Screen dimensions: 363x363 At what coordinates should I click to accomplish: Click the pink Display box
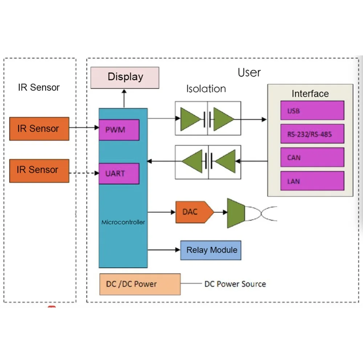(x=125, y=77)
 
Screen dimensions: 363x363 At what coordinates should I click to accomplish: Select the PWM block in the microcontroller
(x=119, y=130)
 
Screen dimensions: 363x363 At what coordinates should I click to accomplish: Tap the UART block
(x=119, y=174)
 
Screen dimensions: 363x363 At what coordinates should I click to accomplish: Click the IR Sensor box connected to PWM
(x=39, y=129)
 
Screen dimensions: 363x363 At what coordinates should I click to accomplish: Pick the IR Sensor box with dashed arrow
(x=39, y=170)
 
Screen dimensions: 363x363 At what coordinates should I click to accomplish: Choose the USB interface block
(x=312, y=111)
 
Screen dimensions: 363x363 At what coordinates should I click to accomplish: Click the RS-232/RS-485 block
(x=312, y=134)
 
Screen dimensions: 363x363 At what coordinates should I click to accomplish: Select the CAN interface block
(x=312, y=158)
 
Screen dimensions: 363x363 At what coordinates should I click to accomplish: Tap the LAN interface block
(x=312, y=181)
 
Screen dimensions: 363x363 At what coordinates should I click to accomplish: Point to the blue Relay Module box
(x=211, y=250)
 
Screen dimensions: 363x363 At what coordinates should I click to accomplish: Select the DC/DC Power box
(x=140, y=284)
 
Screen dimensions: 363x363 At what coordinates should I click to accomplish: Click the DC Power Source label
(x=235, y=284)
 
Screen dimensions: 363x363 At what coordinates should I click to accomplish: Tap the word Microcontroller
(x=123, y=222)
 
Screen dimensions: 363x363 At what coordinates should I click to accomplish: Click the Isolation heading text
(x=206, y=89)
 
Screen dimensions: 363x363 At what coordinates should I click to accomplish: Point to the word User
(x=249, y=73)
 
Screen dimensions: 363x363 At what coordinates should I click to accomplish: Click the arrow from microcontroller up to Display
(x=124, y=98)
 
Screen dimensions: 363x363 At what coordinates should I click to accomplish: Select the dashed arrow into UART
(x=84, y=174)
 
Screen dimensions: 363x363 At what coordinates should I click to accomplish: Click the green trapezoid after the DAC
(x=236, y=213)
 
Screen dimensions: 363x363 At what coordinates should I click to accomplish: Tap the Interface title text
(x=310, y=94)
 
